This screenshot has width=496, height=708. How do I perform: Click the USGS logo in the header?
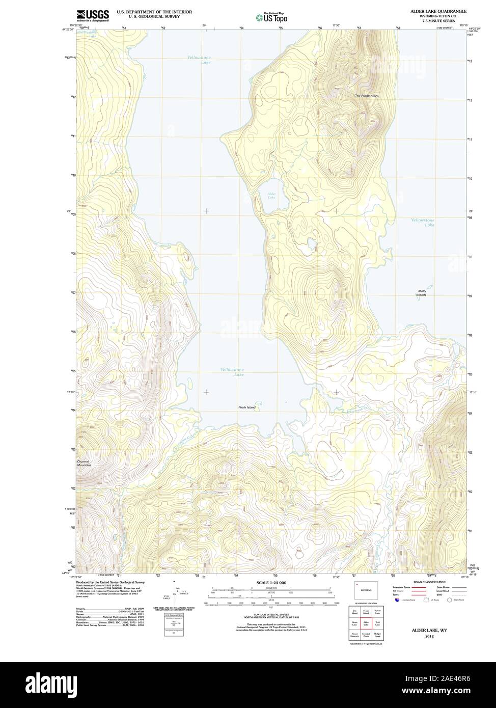[93, 15]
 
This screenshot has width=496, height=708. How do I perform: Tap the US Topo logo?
[271, 17]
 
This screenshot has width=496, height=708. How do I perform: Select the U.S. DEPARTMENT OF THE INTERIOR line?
[154, 11]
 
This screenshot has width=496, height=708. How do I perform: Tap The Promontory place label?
[367, 96]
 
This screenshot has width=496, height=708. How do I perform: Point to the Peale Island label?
[246, 407]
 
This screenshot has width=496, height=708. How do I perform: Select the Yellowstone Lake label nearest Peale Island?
[232, 372]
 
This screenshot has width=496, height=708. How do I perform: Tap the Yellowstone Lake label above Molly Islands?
[423, 222]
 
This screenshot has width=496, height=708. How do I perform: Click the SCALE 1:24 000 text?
[271, 582]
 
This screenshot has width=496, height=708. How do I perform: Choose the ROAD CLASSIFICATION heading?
[429, 582]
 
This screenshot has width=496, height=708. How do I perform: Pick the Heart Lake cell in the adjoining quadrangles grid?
[354, 623]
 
